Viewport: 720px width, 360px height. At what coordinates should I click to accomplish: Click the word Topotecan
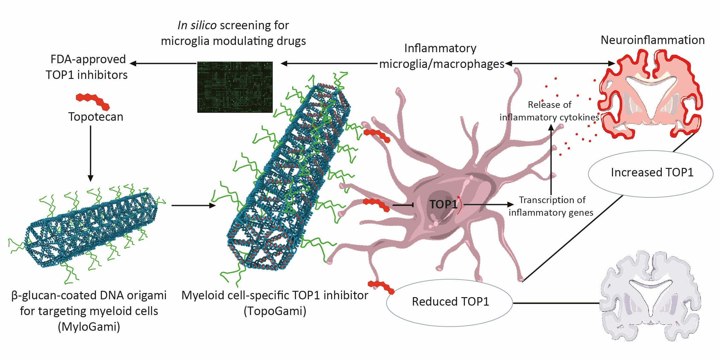tap(96, 117)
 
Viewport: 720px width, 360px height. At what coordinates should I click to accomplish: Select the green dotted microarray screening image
tap(235, 87)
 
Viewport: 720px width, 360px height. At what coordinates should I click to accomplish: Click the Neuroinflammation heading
tap(652, 40)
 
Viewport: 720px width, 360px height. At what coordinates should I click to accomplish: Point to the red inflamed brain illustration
tap(650, 94)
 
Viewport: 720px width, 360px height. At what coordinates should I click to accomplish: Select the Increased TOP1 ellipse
tap(650, 173)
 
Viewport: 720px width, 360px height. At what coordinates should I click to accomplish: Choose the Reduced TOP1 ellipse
tap(449, 302)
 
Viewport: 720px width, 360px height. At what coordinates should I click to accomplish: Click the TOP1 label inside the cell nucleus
tap(443, 204)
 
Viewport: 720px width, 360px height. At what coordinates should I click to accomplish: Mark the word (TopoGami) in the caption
tap(275, 311)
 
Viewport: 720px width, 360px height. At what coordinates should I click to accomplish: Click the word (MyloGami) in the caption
tap(89, 327)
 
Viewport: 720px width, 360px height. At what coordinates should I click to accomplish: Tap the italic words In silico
tap(197, 25)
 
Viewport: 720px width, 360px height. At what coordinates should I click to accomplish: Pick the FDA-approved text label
tap(88, 59)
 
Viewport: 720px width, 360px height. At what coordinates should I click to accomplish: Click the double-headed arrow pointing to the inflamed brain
tap(560, 64)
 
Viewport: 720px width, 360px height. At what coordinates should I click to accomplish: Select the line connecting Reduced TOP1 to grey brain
tap(556, 303)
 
